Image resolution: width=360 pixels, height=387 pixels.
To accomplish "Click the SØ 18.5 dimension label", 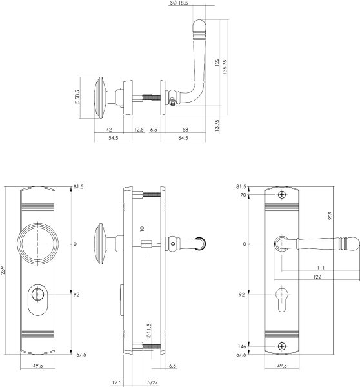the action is pyautogui.click(x=179, y=3).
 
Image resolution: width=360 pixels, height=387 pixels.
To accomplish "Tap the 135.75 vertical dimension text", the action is pyautogui.click(x=225, y=67).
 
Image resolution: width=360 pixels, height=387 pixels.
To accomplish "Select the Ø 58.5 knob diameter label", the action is pyautogui.click(x=77, y=97).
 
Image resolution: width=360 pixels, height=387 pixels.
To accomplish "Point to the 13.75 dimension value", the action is pyautogui.click(x=217, y=126).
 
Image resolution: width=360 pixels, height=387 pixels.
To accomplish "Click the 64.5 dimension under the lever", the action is pyautogui.click(x=183, y=138).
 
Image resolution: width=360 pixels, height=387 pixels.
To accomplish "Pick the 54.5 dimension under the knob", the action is pyautogui.click(x=114, y=138).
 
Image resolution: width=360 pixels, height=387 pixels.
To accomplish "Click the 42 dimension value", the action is pyautogui.click(x=109, y=130).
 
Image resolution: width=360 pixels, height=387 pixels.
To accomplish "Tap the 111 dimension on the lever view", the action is pyautogui.click(x=321, y=268).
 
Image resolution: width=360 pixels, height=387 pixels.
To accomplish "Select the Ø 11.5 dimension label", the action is pyautogui.click(x=148, y=331).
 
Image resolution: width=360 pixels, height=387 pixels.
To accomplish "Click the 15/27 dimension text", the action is pyautogui.click(x=152, y=382).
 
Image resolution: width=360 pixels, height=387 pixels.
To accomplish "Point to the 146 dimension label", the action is pyautogui.click(x=242, y=346).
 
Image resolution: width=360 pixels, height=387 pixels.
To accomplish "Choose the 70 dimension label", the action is pyautogui.click(x=243, y=195).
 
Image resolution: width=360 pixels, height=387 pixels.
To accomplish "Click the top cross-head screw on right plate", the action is pyautogui.click(x=282, y=195).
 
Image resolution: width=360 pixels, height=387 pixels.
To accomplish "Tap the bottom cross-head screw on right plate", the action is pyautogui.click(x=282, y=346).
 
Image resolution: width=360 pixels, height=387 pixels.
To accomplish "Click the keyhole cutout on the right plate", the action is pyautogui.click(x=282, y=299).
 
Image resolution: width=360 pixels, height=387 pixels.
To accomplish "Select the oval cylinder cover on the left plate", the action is pyautogui.click(x=37, y=300).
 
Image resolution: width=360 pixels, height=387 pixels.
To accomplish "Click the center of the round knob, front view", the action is pyautogui.click(x=38, y=244).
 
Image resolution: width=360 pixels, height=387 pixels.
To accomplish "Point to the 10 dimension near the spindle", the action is pyautogui.click(x=142, y=228).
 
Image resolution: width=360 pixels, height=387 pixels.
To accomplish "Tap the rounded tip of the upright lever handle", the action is pyautogui.click(x=199, y=23).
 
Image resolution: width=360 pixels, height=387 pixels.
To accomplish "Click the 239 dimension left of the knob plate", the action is pyautogui.click(x=3, y=270).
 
